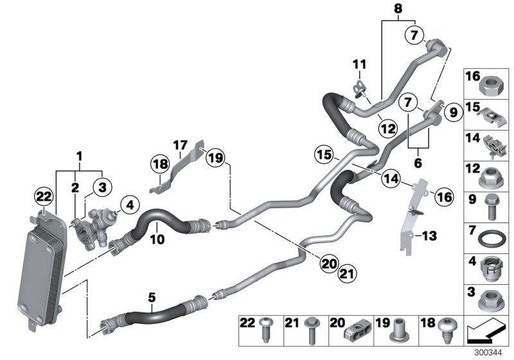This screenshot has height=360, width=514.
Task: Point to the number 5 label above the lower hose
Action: tap(152, 297)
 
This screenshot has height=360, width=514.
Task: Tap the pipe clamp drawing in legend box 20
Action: tap(352, 330)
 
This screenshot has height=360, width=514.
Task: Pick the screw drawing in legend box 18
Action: tap(445, 330)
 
